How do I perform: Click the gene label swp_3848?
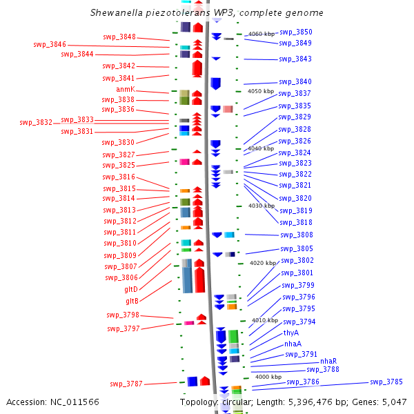click(x=119, y=37)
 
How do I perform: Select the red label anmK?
click(x=126, y=89)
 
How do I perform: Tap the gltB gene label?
click(x=132, y=301)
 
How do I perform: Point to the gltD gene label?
click(x=131, y=289)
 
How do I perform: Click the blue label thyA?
click(x=291, y=333)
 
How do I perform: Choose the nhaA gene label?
click(x=293, y=344)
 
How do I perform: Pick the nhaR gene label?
click(x=328, y=361)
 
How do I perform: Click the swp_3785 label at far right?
click(x=386, y=382)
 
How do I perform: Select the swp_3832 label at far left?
click(x=36, y=123)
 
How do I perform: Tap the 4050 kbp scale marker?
click(x=261, y=91)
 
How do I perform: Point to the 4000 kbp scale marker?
click(x=268, y=377)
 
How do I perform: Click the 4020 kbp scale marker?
click(x=263, y=263)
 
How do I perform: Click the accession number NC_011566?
click(x=75, y=402)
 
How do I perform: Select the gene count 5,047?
click(x=395, y=402)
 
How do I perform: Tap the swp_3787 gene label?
click(x=126, y=384)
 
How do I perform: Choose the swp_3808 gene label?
click(x=297, y=235)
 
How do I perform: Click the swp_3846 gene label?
click(x=50, y=45)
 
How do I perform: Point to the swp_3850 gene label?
click(x=296, y=32)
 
